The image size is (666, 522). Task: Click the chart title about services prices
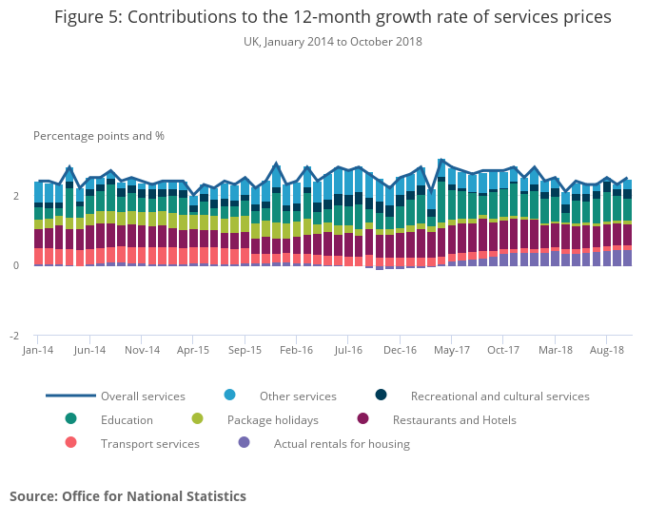(x=332, y=17)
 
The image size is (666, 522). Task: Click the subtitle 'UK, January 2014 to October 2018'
(x=332, y=42)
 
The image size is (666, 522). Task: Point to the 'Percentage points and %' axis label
(x=99, y=136)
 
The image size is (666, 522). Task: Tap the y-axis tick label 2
(x=15, y=196)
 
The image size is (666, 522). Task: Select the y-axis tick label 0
(x=15, y=266)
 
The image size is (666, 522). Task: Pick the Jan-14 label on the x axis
(x=37, y=350)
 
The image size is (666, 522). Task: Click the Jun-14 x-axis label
(x=89, y=350)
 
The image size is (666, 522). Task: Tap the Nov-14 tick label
(x=142, y=350)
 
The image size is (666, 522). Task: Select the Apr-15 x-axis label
(x=193, y=350)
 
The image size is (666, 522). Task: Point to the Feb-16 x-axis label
(x=296, y=350)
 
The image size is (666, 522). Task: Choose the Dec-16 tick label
(x=400, y=350)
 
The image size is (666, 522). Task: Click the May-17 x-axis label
(x=451, y=350)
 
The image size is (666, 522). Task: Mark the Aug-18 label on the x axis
(x=606, y=350)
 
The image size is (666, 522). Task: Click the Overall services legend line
(x=71, y=396)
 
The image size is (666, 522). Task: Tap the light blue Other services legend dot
(x=229, y=395)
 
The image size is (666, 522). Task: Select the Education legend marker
(x=71, y=418)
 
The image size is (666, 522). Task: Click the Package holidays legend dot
(x=197, y=418)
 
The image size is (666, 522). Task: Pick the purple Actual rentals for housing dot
(x=244, y=442)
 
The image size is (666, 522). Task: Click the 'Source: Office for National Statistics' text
(x=127, y=496)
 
